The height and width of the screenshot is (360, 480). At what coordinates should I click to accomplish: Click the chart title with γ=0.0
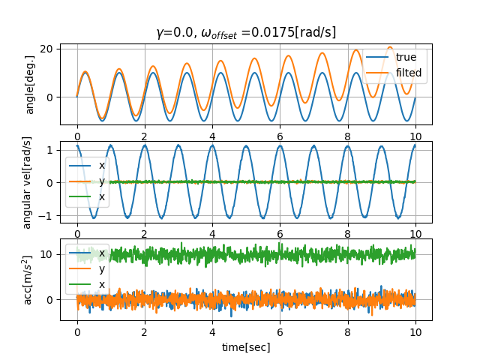246,32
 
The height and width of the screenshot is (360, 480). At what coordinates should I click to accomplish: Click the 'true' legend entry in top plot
406,57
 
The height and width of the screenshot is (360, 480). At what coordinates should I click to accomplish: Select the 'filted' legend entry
409,73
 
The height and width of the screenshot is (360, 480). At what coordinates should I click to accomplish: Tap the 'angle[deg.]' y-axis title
30,84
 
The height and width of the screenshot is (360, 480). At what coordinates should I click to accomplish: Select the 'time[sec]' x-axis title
246,347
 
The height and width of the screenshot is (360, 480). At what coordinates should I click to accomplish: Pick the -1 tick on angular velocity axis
49,215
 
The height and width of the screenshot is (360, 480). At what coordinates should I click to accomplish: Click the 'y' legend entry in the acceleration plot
102,269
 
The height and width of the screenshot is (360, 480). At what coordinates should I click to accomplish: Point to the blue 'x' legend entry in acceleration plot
102,253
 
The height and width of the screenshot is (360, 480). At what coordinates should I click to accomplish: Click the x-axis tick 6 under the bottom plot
280,332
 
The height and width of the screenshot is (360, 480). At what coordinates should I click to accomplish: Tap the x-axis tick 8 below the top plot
347,136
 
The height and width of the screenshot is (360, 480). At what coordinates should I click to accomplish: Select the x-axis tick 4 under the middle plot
212,234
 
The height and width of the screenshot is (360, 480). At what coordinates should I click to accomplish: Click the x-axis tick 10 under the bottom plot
415,332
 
